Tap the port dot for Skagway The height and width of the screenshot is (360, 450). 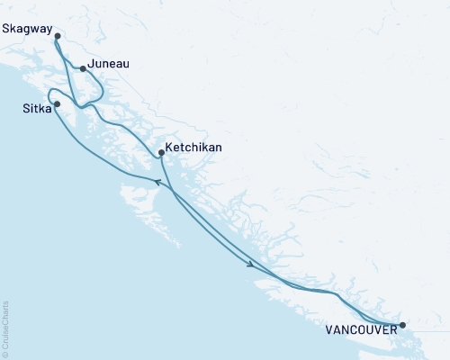[x=58, y=36]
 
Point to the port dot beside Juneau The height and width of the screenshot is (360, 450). [x=83, y=68]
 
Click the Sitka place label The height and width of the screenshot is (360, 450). [x=37, y=108]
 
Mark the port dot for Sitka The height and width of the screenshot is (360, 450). [x=58, y=104]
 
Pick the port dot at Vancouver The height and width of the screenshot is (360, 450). [x=402, y=325]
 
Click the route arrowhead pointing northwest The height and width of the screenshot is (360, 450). [x=157, y=183]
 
